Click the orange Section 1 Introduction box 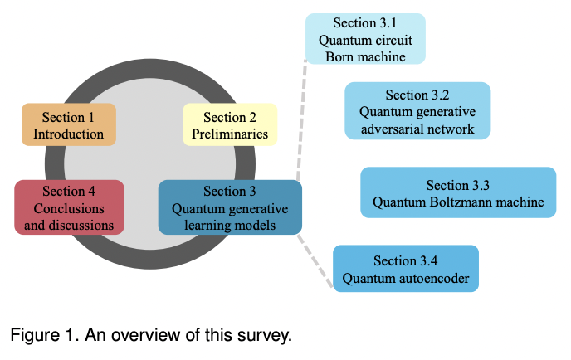click(x=68, y=124)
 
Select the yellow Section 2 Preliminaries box click(x=230, y=124)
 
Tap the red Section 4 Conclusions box click(x=69, y=207)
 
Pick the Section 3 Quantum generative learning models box click(x=230, y=207)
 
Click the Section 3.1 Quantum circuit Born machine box click(x=365, y=39)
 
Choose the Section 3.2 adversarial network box click(x=417, y=111)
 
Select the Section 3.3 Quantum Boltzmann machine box click(x=458, y=192)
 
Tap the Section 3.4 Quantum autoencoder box click(x=406, y=269)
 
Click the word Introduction click(x=68, y=134)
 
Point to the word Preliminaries click(x=230, y=134)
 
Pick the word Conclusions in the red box click(x=69, y=208)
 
